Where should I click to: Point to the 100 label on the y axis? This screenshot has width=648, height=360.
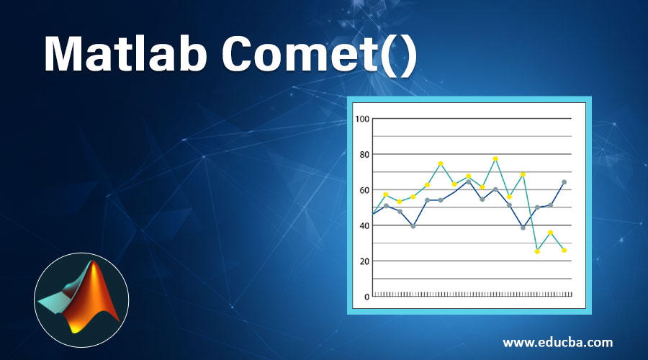coord(362,119)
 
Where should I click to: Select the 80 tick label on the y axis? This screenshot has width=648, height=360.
coord(364,154)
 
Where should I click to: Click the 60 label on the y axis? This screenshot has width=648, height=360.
coord(364,190)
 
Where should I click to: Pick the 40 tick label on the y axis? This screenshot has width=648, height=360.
coord(364,225)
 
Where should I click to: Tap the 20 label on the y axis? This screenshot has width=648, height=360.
coord(364,261)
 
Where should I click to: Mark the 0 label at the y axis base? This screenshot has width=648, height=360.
coord(366,297)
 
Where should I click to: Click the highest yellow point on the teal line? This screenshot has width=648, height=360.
coord(495,158)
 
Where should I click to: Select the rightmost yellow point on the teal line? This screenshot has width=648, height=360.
coord(564,250)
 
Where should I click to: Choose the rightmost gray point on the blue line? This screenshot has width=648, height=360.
coord(564,182)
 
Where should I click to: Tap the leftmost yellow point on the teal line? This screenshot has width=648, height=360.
coord(386,194)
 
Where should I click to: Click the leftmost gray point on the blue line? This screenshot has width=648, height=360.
coord(386,206)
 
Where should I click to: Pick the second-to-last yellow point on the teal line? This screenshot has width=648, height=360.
coord(550,233)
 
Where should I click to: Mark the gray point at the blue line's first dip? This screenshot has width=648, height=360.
coord(413,226)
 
